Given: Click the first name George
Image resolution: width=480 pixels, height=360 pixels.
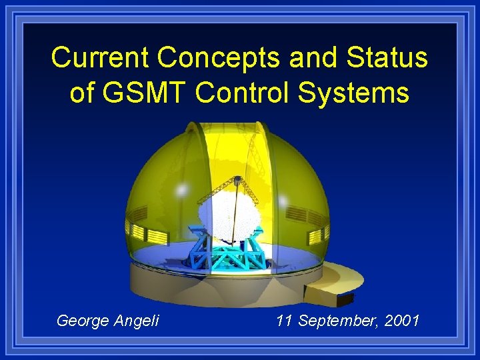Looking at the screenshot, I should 85,321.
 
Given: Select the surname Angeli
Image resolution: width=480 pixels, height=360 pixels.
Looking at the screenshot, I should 138,321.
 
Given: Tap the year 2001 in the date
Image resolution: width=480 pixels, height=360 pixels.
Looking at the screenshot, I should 402,321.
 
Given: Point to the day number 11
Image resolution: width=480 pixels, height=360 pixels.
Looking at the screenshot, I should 285,321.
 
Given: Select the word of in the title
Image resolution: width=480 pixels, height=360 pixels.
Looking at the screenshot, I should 82,93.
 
